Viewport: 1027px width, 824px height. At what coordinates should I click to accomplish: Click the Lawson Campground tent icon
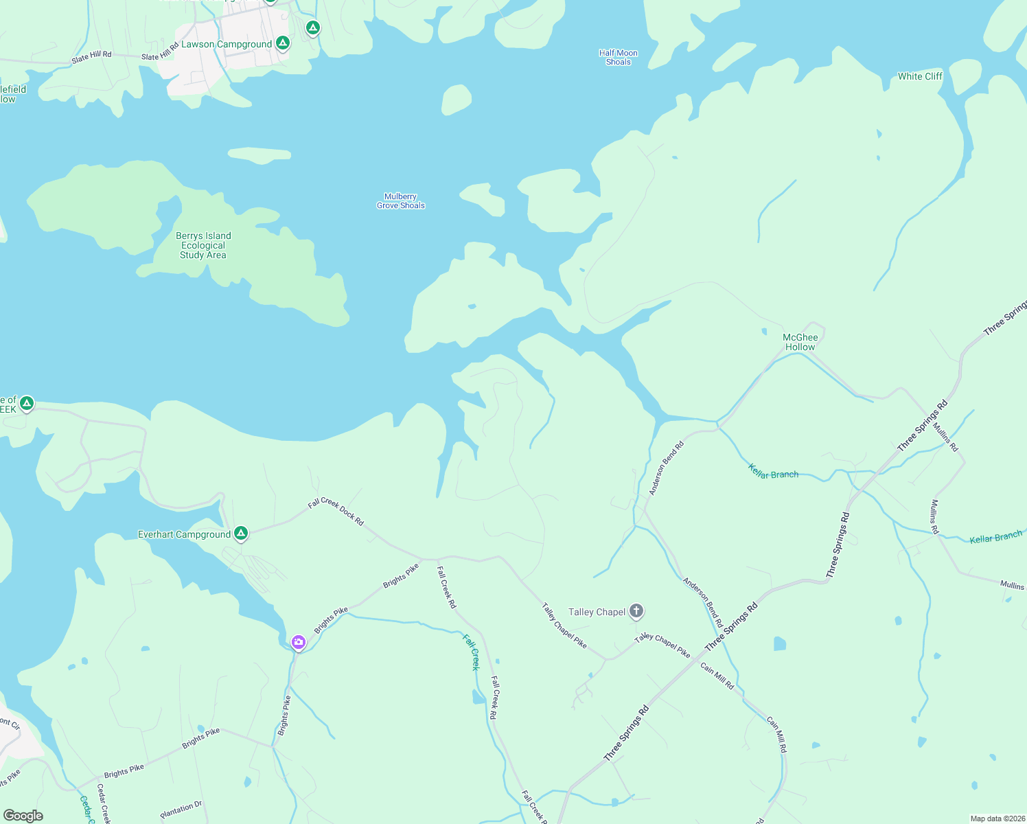282,43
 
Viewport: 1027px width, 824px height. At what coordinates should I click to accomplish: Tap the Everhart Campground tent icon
241,533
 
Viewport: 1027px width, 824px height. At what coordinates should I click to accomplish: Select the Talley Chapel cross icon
636,610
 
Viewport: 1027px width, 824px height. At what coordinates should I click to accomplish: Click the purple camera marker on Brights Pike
299,643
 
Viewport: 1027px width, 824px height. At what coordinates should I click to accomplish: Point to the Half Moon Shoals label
618,58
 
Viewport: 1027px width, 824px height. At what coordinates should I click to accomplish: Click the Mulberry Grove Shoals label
401,201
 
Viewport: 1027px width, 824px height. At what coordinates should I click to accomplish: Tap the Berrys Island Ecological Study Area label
203,245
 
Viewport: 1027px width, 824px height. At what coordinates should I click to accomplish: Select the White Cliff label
920,76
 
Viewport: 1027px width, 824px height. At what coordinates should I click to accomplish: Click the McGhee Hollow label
800,342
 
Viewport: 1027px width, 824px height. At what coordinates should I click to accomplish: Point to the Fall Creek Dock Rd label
336,512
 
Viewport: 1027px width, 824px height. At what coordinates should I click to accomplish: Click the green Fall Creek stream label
471,652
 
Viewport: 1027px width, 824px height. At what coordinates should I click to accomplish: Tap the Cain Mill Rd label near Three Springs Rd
717,676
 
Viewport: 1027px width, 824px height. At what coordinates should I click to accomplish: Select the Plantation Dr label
181,810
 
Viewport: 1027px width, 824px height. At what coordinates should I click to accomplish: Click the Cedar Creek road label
103,804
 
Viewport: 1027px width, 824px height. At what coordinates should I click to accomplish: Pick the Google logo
23,816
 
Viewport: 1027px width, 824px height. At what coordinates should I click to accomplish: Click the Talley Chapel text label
597,612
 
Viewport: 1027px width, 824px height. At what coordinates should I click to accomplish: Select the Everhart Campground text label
184,534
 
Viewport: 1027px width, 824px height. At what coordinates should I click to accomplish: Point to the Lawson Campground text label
227,44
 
